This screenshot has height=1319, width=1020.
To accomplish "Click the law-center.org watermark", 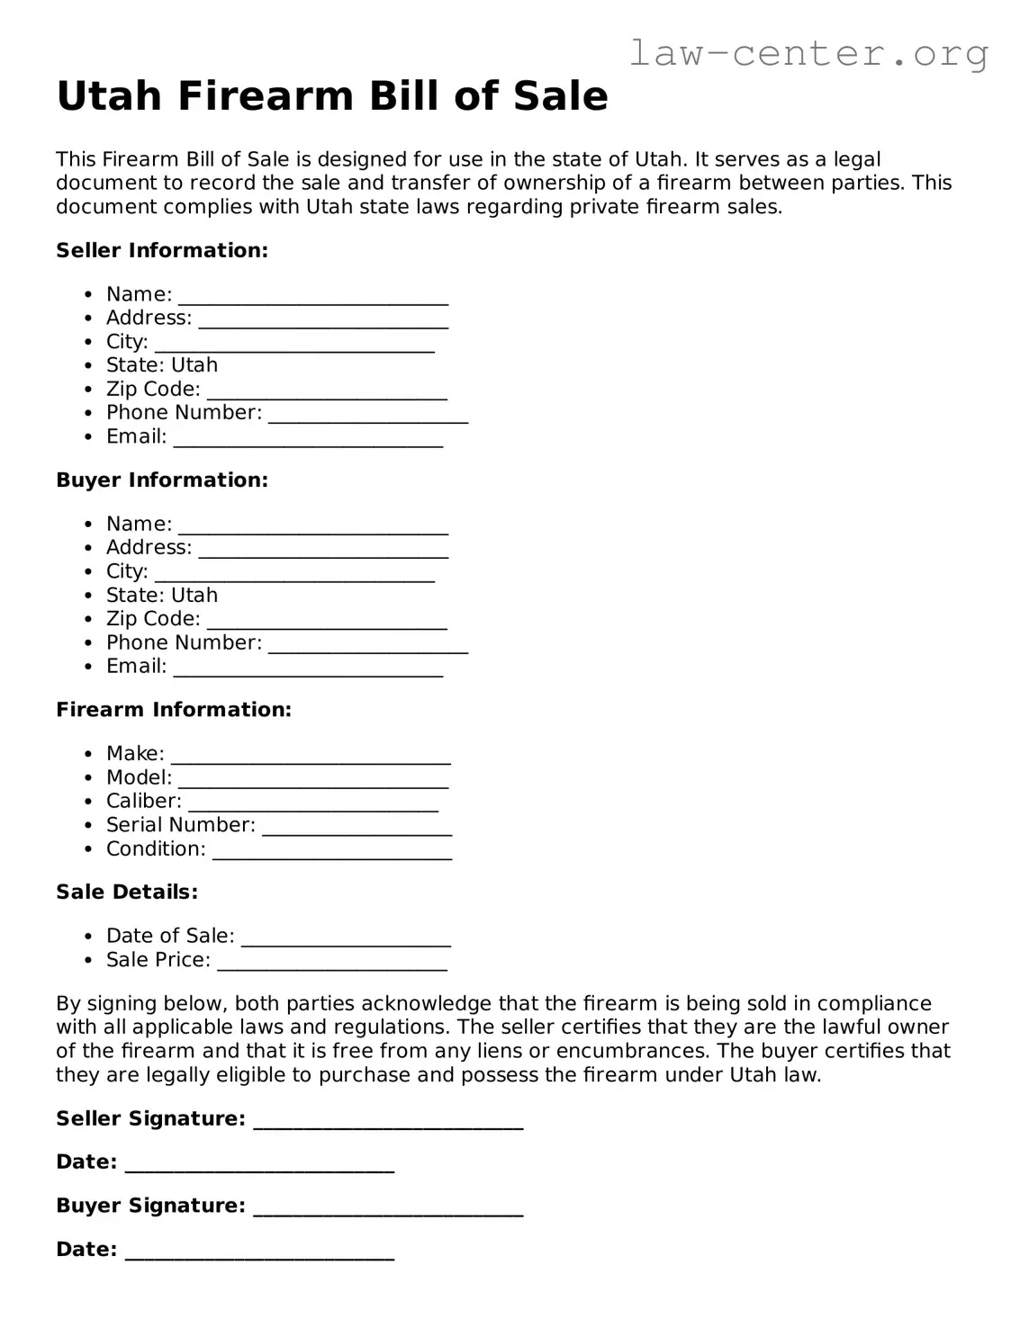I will (808, 53).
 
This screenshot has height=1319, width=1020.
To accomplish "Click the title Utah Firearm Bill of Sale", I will (331, 96).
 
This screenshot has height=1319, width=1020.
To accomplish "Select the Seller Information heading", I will (162, 250).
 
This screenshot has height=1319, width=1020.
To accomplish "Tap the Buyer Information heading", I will (162, 480).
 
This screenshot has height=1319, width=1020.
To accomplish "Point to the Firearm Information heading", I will (174, 709).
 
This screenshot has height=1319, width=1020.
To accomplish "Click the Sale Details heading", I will (127, 892).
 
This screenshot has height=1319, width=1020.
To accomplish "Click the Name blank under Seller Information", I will (312, 297).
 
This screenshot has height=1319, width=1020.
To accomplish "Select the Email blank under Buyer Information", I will (308, 668).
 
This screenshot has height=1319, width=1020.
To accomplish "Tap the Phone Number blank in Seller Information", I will (368, 415).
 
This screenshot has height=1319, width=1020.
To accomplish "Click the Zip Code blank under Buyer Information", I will (327, 621).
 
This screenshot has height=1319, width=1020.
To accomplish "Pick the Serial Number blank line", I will (357, 827).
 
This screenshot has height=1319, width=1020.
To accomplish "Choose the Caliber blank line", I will (312, 803).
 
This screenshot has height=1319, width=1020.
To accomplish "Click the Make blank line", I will (311, 756).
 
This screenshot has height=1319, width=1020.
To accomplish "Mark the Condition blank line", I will (332, 851).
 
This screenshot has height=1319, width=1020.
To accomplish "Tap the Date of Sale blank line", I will (346, 938).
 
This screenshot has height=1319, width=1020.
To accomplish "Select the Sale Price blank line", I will (332, 963).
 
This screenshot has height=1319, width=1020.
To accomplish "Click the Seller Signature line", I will (388, 1121).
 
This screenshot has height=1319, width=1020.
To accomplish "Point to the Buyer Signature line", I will (388, 1208).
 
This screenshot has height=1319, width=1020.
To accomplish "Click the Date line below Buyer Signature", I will (259, 1252).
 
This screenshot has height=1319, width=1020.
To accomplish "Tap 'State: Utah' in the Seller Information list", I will (162, 365).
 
